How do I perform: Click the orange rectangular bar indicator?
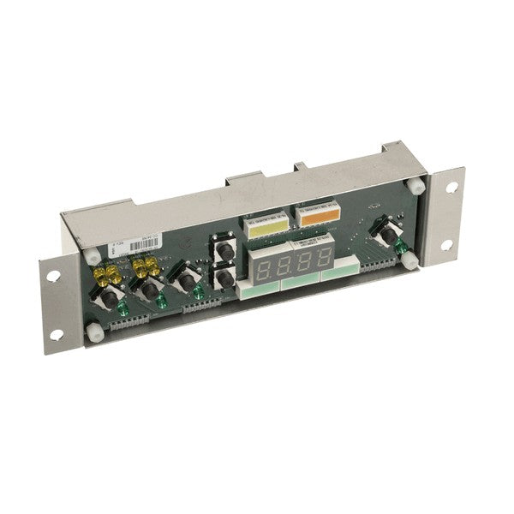pyautogui.click(x=311, y=214)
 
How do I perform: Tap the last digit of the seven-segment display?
pyautogui.click(x=324, y=255)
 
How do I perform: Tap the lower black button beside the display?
pyautogui.click(x=224, y=279)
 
